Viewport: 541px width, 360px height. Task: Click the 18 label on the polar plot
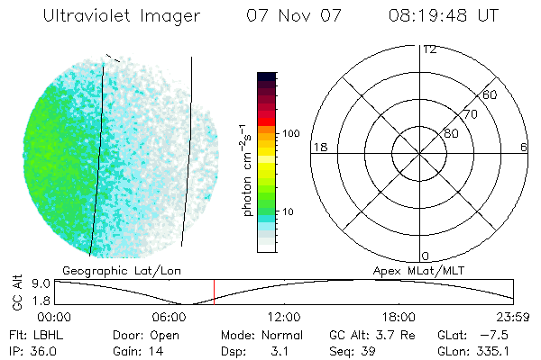click(x=318, y=147)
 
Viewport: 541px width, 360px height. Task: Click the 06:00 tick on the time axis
click(x=170, y=317)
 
